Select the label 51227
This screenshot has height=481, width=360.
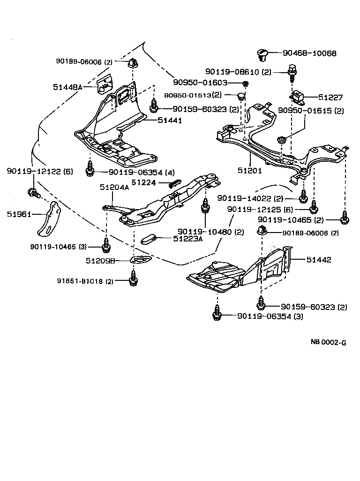coord(330,98)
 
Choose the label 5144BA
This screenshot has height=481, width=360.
coord(68,87)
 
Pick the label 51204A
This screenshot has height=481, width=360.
coord(114,188)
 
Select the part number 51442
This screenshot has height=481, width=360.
coord(319,259)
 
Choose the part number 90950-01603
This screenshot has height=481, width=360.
coord(200,83)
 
